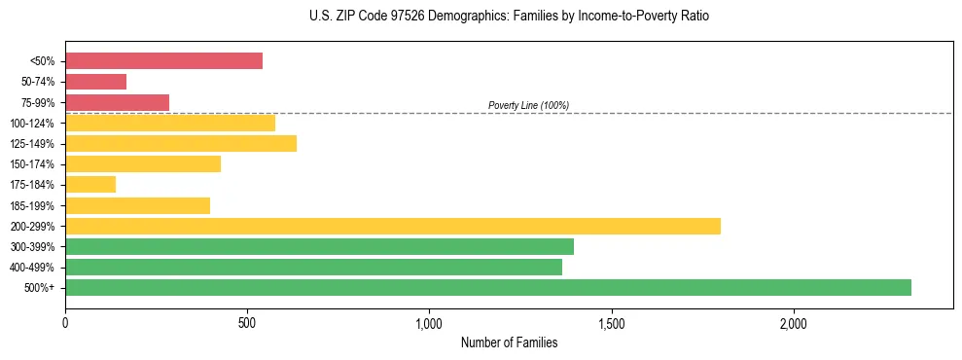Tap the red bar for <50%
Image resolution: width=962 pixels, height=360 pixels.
(163, 61)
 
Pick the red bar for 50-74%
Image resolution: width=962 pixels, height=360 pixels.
(95, 82)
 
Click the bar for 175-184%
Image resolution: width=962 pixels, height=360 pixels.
(90, 184)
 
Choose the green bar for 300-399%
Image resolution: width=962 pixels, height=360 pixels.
(319, 246)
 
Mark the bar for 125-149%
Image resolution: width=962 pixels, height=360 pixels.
(181, 143)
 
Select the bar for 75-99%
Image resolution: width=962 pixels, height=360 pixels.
(117, 102)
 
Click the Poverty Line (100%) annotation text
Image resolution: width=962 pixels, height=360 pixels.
(528, 105)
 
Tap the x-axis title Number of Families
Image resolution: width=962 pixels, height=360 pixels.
(509, 343)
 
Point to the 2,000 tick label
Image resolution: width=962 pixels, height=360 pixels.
(793, 323)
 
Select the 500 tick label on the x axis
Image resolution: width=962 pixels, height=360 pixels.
(247, 323)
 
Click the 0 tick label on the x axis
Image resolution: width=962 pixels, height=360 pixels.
(65, 323)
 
